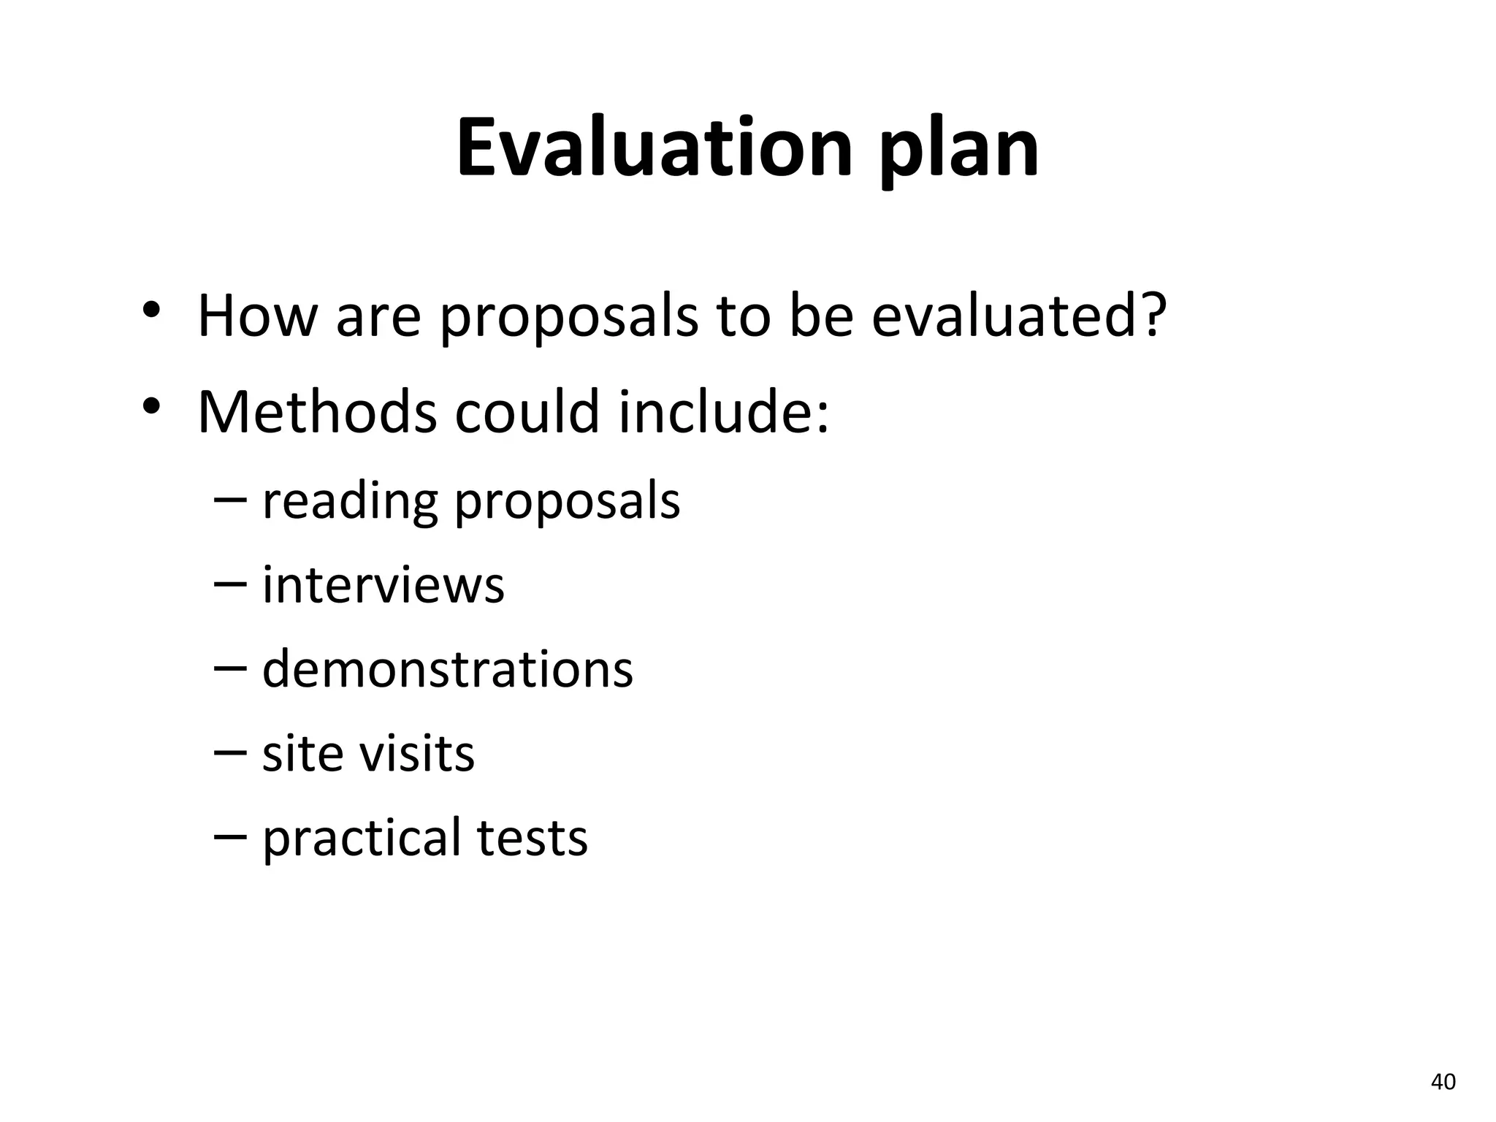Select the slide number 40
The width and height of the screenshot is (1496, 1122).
coord(1443,1082)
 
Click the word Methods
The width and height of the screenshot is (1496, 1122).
coord(317,412)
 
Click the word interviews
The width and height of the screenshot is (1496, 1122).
coord(383,585)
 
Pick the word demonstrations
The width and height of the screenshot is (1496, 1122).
coord(447,669)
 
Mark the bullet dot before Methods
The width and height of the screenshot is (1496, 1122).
coord(151,406)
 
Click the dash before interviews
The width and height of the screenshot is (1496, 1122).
coord(231,585)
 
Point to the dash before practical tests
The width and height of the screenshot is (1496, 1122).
coord(231,837)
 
